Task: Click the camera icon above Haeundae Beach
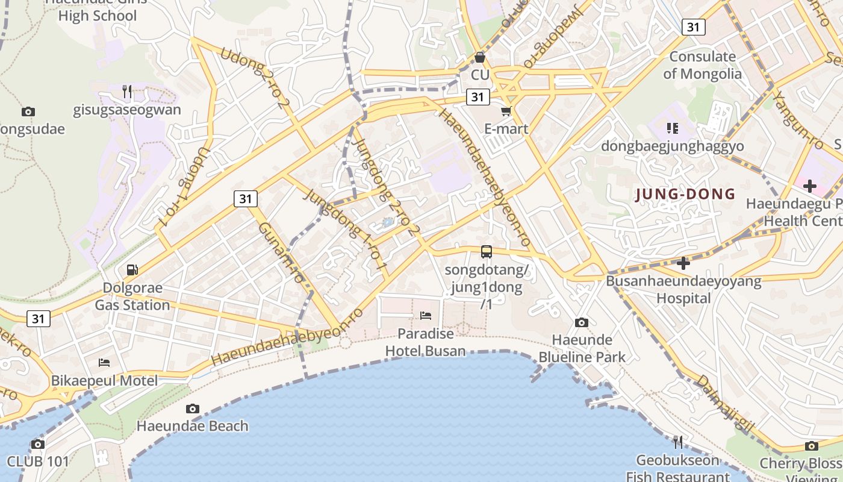click(x=193, y=408)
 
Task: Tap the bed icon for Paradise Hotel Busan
click(x=426, y=315)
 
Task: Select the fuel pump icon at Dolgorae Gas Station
click(x=132, y=269)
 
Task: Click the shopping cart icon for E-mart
click(x=506, y=111)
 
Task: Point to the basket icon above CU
click(x=480, y=57)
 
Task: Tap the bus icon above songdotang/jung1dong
click(x=487, y=252)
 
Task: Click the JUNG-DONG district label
click(x=685, y=194)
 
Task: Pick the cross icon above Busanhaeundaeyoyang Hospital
click(x=683, y=263)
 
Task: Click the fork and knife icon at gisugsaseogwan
click(x=127, y=92)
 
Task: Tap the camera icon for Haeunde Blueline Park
click(x=582, y=322)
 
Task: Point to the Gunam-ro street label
click(x=281, y=252)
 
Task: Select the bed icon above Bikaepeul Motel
click(x=104, y=363)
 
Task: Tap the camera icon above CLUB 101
click(x=38, y=445)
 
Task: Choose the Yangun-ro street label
click(x=798, y=119)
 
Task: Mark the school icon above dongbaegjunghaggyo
click(x=673, y=128)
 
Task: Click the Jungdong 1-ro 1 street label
click(x=346, y=228)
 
